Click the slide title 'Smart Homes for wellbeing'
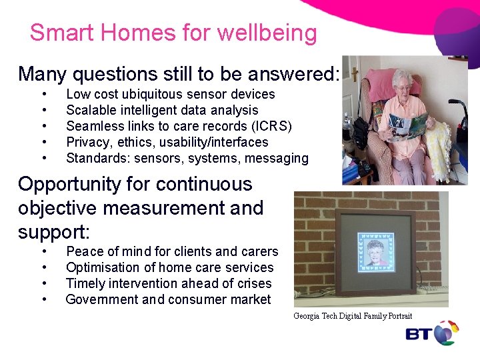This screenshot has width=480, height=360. (173, 33)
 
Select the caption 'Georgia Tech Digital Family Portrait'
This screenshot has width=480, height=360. (353, 316)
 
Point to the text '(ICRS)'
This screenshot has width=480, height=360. (271, 126)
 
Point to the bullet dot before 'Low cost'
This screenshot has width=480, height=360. (44, 94)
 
